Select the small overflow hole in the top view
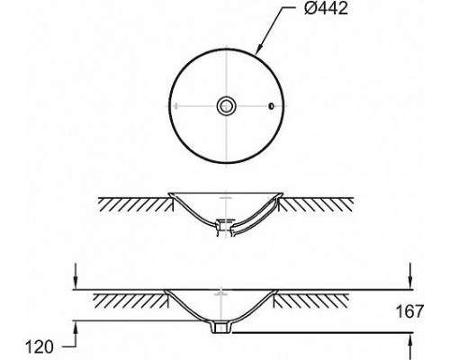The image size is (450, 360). (x=271, y=106)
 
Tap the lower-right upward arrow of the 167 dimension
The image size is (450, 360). (x=409, y=345)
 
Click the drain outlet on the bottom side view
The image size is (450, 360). (x=220, y=328)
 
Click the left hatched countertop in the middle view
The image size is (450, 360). (x=135, y=203)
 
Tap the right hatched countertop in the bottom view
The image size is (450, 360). (x=319, y=297)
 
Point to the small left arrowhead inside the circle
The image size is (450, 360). (x=176, y=106)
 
